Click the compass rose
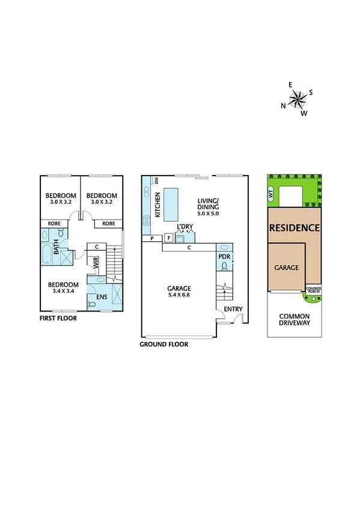(x=297, y=99)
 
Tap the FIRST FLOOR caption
(x=58, y=318)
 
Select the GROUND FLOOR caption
(x=163, y=345)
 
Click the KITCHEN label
(x=158, y=205)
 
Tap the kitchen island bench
(x=172, y=204)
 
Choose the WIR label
(x=95, y=263)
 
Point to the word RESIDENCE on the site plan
(x=294, y=229)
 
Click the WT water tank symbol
(x=271, y=194)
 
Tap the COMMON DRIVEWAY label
(x=294, y=319)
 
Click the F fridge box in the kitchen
(x=168, y=238)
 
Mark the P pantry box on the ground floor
(x=151, y=238)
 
